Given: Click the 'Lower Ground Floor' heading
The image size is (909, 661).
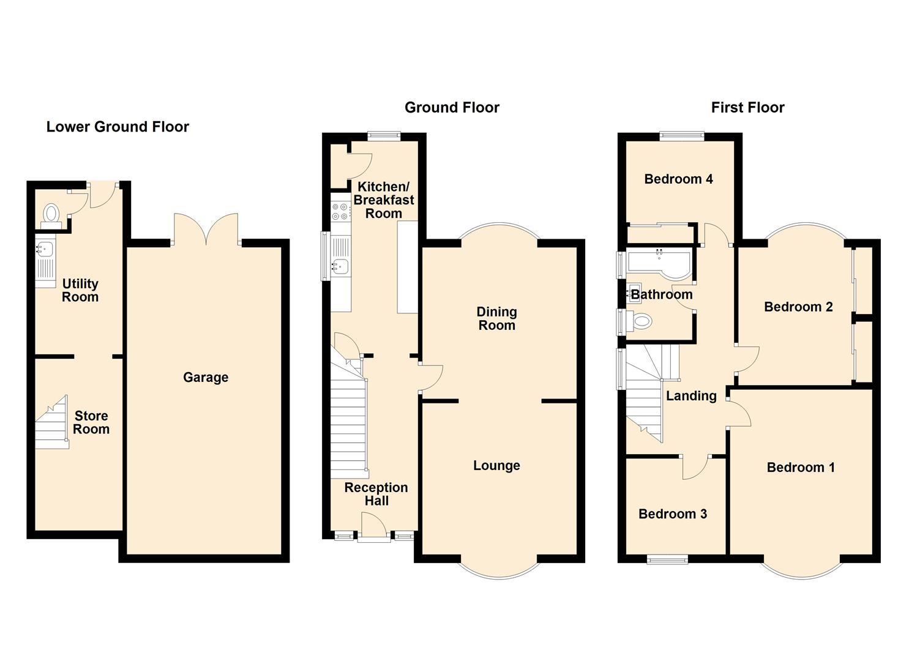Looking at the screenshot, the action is pos(118,127).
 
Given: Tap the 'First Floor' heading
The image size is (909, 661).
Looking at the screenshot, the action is pos(747,108).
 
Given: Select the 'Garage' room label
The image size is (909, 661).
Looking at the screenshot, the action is pos(206,378).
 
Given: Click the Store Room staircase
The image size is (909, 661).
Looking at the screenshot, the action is pos(51,422).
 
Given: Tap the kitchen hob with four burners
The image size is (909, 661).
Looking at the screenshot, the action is pos(341,212).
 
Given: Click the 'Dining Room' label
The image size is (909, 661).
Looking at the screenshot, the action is pos(496,318).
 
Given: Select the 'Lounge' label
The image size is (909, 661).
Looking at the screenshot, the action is pos(496,465).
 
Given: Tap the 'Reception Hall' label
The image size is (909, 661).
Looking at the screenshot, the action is pos(376,495).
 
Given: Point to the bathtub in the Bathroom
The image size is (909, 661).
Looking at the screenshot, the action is pos(658,264).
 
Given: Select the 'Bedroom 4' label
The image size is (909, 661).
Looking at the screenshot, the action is pos(678,179).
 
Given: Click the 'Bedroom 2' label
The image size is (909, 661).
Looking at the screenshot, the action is pos(798,307).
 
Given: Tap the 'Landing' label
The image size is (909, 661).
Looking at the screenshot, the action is pos(692,395).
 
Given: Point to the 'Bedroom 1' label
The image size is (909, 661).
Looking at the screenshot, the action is pos(801,468).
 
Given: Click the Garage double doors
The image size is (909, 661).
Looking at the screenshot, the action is pos(206,230).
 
